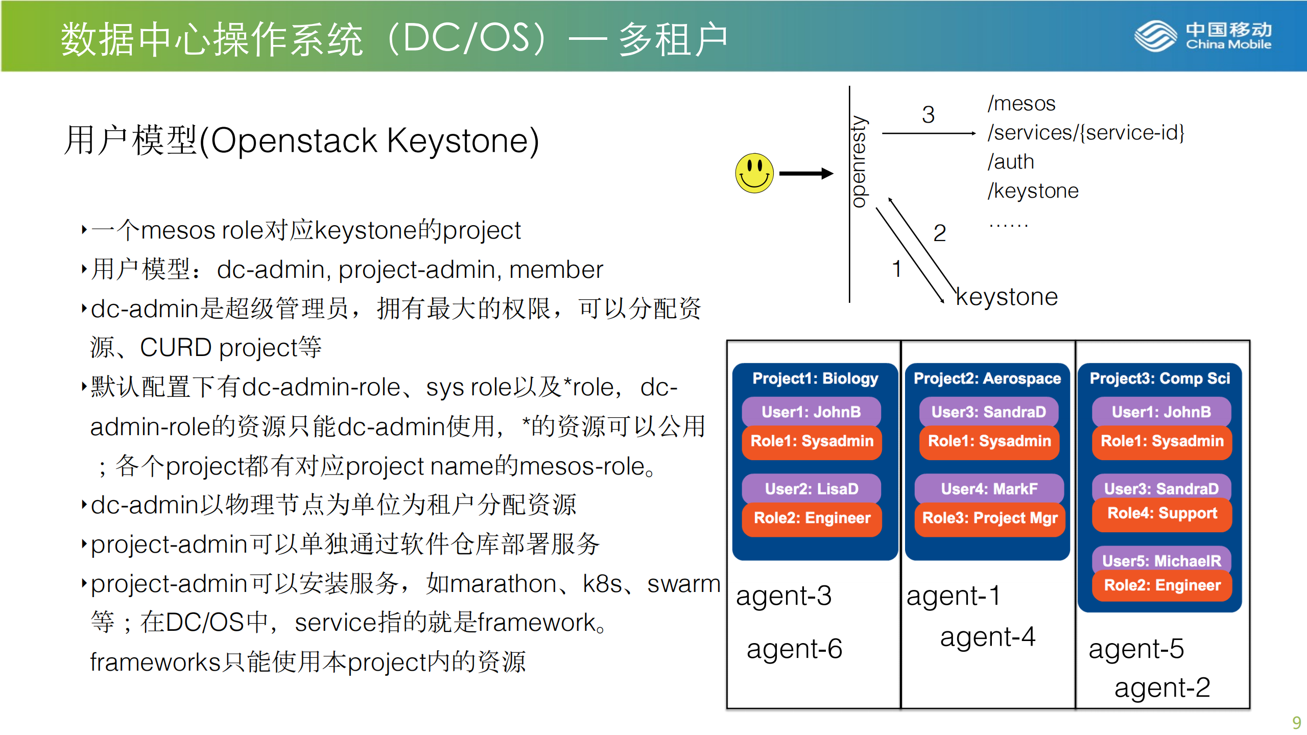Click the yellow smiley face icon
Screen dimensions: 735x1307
754,173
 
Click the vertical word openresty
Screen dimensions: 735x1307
859,161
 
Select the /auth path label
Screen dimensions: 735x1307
1010,162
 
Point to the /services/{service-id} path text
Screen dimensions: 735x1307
1085,133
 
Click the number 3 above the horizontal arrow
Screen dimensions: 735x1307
928,114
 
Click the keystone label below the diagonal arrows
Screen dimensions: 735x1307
1006,297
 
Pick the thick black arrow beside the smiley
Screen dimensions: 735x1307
805,174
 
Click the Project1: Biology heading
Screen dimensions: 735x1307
815,378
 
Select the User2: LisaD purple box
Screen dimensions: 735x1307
811,488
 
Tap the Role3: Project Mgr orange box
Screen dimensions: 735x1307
989,518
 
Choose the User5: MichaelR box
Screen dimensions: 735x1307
1161,560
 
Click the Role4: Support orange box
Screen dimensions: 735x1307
1161,514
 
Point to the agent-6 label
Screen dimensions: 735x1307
794,649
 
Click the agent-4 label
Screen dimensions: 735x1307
987,637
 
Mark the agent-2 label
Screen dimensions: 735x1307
1161,687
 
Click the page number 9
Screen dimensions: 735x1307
1296,722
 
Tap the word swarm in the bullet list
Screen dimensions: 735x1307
683,584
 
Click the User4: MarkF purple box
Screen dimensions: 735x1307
989,488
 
